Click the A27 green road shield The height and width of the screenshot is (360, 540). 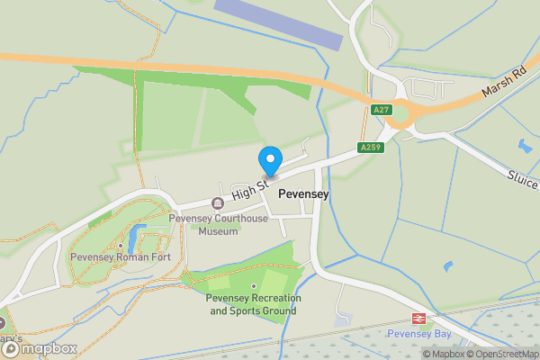(x=381, y=109)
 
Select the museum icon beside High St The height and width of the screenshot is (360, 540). (x=217, y=203)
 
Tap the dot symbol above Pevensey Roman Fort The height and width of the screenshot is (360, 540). (x=120, y=245)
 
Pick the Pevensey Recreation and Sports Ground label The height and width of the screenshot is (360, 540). (x=253, y=304)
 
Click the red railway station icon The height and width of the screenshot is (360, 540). (x=418, y=319)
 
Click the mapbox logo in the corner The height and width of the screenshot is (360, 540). (x=39, y=348)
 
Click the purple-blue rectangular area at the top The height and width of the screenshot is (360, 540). (x=279, y=24)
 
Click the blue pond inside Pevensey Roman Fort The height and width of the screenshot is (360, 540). (x=133, y=238)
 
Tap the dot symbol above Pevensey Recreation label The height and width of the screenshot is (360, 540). (x=253, y=286)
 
